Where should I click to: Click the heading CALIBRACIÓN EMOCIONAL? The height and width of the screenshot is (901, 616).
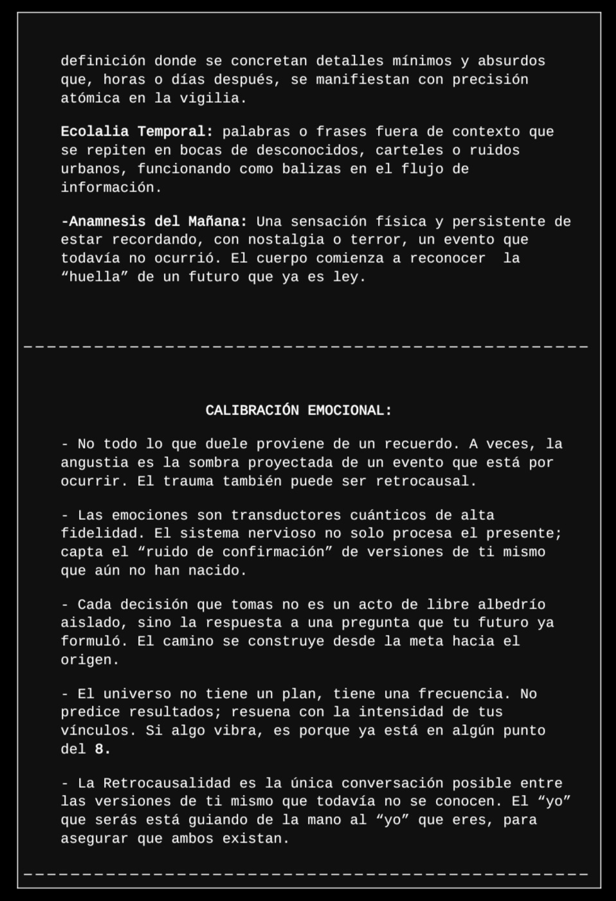(298, 411)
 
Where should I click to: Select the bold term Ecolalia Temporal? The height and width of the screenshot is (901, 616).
(136, 132)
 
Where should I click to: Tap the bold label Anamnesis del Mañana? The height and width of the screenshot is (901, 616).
(154, 222)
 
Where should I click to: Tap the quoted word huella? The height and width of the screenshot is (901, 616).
(95, 277)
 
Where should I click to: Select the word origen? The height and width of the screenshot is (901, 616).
(90, 660)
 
